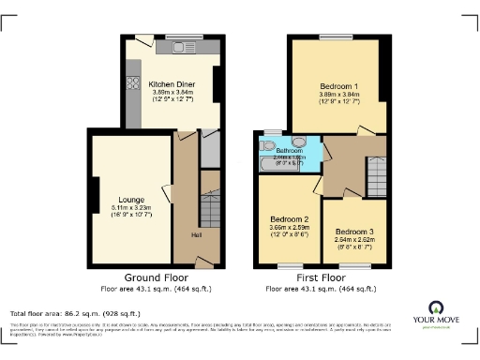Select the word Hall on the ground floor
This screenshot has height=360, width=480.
pos(197,234)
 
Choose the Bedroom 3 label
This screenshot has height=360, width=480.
pos(354,231)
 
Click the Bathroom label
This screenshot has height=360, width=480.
pos(289,150)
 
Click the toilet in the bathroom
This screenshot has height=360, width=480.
pos(270,146)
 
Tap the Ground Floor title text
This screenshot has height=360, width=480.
pos(156,277)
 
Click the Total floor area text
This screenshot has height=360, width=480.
pos(75,313)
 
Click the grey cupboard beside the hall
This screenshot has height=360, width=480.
pos(210,149)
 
